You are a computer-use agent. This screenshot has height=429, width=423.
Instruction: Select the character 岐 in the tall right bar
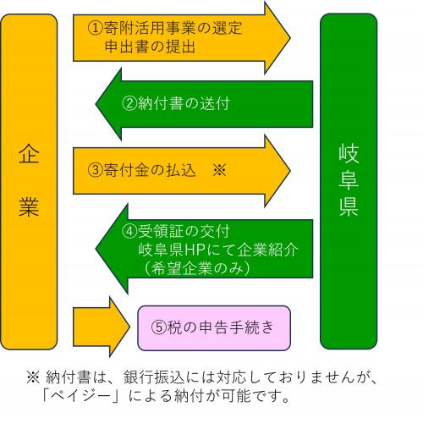click(349, 154)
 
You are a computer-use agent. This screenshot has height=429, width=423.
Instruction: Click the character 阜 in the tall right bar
click(349, 180)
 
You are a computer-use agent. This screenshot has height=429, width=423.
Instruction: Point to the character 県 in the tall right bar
click(349, 207)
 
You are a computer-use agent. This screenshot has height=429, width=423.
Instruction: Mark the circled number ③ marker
click(95, 169)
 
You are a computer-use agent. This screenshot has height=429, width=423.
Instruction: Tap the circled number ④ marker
click(129, 229)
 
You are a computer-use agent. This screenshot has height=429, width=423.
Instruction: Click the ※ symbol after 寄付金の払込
click(218, 169)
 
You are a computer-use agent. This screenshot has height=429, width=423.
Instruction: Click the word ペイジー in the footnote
click(91, 395)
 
